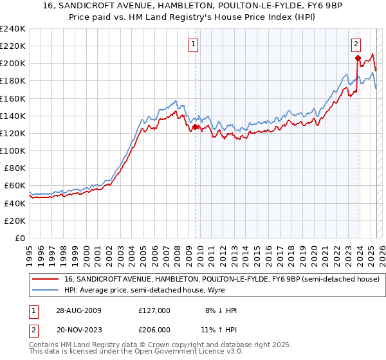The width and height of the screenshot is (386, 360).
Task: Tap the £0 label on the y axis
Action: click(19, 238)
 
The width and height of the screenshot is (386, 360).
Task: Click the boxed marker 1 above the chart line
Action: click(194, 44)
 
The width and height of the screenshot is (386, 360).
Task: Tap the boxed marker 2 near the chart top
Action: click(356, 44)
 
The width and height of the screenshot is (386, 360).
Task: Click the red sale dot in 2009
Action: click(196, 127)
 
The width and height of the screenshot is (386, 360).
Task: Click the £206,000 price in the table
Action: click(154, 329)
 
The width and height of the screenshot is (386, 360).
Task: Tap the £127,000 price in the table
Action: click(154, 310)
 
